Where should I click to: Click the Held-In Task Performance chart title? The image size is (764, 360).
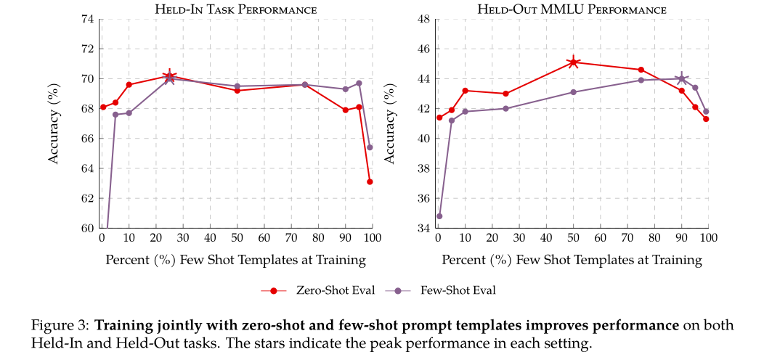pyautogui.click(x=236, y=9)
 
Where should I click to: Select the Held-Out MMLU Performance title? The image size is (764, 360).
pyautogui.click(x=572, y=9)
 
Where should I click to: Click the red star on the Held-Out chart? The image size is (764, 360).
pyautogui.click(x=573, y=62)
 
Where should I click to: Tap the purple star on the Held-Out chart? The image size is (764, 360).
pyautogui.click(x=681, y=79)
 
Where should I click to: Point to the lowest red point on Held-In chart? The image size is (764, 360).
pyautogui.click(x=370, y=181)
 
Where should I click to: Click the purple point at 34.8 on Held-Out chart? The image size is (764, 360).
pyautogui.click(x=439, y=216)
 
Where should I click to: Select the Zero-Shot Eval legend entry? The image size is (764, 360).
pyautogui.click(x=318, y=290)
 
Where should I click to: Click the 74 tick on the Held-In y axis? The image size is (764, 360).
pyautogui.click(x=86, y=19)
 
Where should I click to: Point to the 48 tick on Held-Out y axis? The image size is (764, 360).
pyautogui.click(x=422, y=19)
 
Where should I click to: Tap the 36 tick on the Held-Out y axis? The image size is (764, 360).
pyautogui.click(x=422, y=198)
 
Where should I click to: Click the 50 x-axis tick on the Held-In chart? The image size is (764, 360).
pyautogui.click(x=237, y=238)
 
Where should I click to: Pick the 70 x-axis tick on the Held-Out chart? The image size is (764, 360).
pyautogui.click(x=627, y=238)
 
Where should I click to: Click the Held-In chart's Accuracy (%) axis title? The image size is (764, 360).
pyautogui.click(x=54, y=123)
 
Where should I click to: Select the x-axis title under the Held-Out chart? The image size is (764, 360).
pyautogui.click(x=572, y=259)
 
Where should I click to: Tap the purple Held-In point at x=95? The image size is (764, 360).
pyautogui.click(x=359, y=83)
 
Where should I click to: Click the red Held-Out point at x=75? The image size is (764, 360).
pyautogui.click(x=641, y=70)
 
